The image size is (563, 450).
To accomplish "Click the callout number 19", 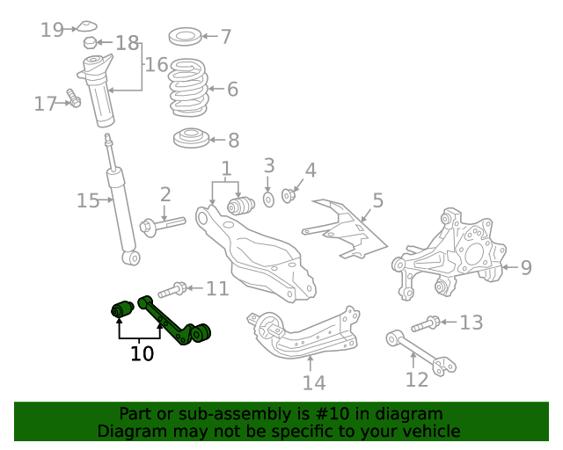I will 52,30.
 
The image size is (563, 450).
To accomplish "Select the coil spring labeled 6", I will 187,88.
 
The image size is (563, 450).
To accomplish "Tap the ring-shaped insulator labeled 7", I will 184,37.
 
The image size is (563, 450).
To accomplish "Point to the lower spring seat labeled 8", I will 189,139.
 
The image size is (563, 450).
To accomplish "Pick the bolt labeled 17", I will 74,101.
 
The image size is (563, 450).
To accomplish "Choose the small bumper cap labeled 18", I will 90,43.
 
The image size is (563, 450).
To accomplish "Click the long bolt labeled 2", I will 161,225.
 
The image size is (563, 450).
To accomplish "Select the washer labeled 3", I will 269,199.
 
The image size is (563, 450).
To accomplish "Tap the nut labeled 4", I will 288,193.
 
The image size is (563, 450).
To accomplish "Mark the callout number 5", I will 377,200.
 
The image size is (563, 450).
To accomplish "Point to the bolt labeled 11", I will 171,288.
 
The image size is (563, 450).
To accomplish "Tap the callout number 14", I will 314,382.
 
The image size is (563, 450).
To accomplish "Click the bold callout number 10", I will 142,353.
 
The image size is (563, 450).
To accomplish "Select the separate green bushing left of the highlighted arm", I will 121,308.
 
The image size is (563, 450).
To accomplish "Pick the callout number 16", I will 157,64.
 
